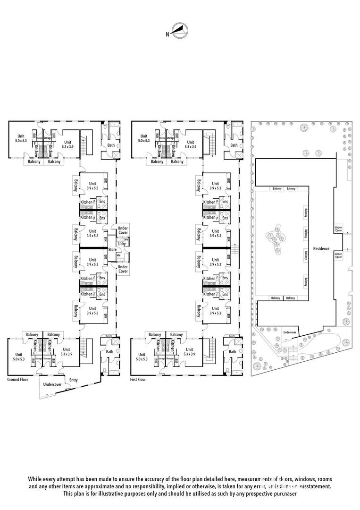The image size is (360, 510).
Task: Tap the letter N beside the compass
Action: coord(167,34)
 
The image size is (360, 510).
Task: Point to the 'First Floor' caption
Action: coord(138,379)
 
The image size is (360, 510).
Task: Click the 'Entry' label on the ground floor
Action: coord(74,380)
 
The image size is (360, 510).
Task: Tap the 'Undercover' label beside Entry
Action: coord(52,384)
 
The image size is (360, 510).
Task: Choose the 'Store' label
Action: coord(112,249)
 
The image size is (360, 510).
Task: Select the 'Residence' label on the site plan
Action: coord(321,248)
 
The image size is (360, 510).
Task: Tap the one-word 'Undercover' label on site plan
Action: coord(290,332)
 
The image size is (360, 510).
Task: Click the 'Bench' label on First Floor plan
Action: coord(232,336)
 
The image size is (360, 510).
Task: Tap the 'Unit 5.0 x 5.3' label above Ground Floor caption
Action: coord(19,357)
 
